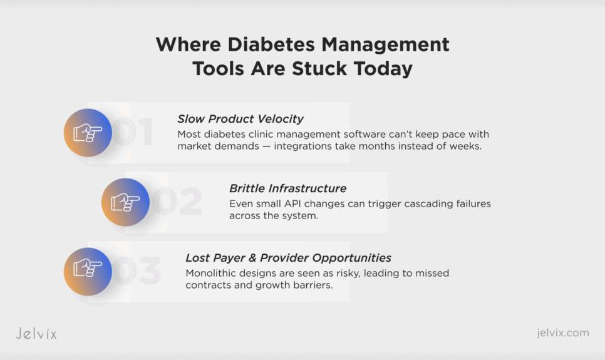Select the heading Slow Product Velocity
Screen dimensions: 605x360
tap(240, 119)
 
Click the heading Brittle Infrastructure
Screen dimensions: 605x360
tap(287, 188)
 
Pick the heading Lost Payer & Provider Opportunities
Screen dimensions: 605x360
tap(288, 258)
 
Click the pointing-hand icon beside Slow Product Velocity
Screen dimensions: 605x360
tap(88, 133)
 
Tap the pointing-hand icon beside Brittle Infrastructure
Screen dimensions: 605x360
tap(125, 202)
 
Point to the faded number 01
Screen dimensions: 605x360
tap(133, 131)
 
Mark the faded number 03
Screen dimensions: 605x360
tap(137, 270)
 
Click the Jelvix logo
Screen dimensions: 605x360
tap(36, 333)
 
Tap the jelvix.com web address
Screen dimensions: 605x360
tap(563, 332)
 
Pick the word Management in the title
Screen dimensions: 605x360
tap(385, 45)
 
